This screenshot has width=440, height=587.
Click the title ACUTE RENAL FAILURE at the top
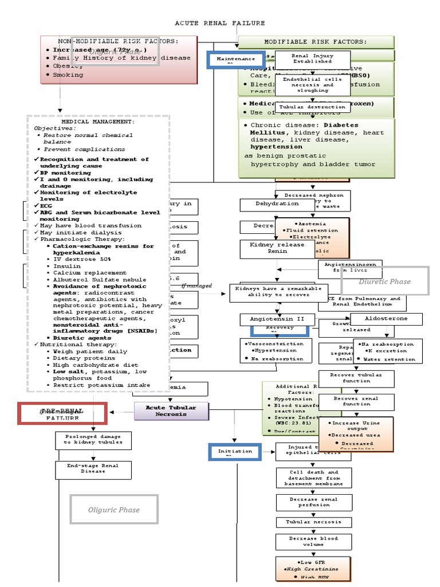pyautogui.click(x=220, y=23)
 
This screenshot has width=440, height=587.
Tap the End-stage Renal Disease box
pyautogui.click(x=93, y=469)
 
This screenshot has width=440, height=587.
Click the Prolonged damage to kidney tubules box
pyautogui.click(x=93, y=440)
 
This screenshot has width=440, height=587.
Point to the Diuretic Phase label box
pyautogui.click(x=384, y=281)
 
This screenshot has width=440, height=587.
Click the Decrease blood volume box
pyautogui.click(x=313, y=541)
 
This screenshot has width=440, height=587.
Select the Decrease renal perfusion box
pyautogui.click(x=313, y=502)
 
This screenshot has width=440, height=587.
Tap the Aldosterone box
pyautogui.click(x=386, y=318)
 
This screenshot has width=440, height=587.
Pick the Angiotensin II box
pyautogui.click(x=272, y=318)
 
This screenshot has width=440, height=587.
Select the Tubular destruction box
pyautogui.click(x=312, y=107)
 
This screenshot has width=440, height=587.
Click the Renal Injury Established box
pyautogui.click(x=312, y=58)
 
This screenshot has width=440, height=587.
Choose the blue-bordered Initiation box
pyautogui.click(x=235, y=452)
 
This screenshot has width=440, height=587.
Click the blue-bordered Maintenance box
pyautogui.click(x=235, y=59)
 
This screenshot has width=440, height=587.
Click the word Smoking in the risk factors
pyautogui.click(x=68, y=75)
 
